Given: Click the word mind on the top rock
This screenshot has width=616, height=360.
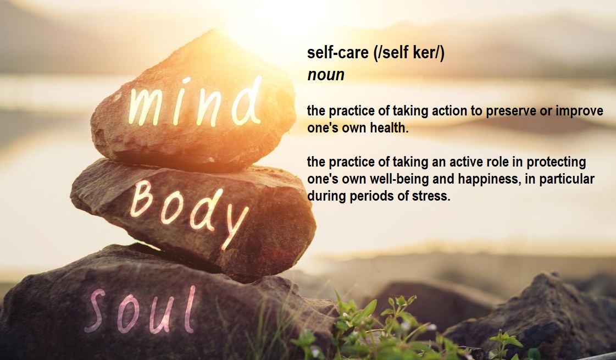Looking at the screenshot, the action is (x=195, y=102).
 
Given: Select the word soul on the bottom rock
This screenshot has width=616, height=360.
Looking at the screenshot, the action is (x=140, y=310).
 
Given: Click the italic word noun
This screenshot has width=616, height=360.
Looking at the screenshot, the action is (x=326, y=75).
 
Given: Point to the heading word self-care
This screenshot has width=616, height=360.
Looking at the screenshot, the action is (x=338, y=53).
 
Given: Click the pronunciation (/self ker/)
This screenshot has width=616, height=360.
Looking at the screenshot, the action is (x=409, y=53).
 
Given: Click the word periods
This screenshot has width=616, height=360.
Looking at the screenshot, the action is (x=373, y=196).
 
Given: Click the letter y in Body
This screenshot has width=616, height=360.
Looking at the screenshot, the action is (x=235, y=228).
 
